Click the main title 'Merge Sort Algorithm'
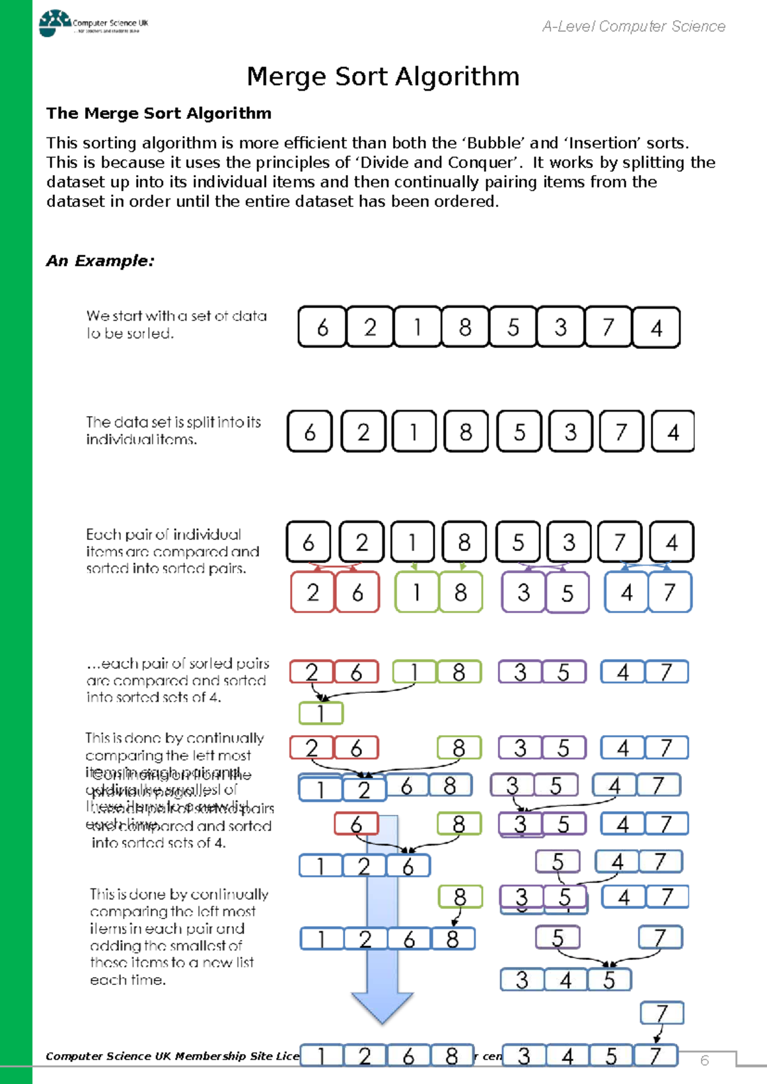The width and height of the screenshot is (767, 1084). click(383, 77)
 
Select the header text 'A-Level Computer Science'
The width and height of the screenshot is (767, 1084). click(633, 26)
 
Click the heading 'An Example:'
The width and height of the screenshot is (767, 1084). click(100, 261)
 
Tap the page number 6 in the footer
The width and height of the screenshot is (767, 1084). click(704, 1060)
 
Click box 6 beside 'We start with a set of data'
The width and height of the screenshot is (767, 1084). click(323, 327)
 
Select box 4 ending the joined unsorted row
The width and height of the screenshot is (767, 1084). click(656, 327)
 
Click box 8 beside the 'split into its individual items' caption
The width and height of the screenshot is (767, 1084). click(465, 432)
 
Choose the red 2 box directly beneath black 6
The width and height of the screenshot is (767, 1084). click(313, 592)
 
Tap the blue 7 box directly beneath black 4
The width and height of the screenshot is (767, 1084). click(670, 592)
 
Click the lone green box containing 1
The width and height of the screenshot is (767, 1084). click(321, 713)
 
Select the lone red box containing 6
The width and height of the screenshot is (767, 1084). click(356, 824)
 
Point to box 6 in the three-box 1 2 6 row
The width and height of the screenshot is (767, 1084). click(408, 866)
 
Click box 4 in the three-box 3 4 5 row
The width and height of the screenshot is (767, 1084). click(566, 980)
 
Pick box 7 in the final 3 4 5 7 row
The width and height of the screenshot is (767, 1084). click(655, 1056)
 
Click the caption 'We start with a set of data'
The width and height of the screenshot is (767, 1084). click(176, 316)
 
